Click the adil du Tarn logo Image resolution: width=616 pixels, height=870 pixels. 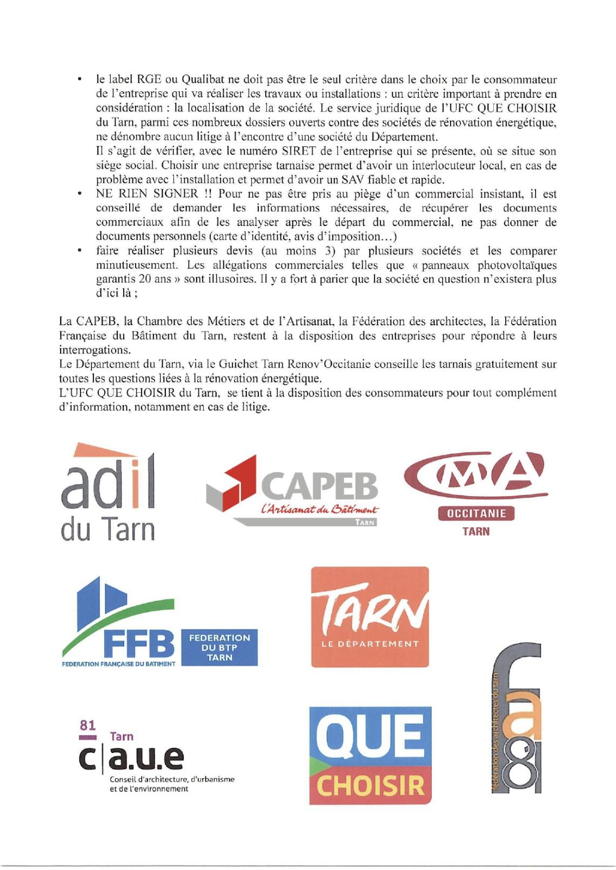(108, 492)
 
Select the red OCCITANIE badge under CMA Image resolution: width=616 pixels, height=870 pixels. (476, 513)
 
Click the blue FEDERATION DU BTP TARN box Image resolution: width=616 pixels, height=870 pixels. (219, 647)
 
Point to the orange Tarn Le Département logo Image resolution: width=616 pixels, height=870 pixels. (370, 617)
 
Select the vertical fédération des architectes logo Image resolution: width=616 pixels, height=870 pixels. (517, 718)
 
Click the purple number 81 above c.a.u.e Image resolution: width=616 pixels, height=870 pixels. (87, 725)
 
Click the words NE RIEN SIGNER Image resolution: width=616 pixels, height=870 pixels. (147, 193)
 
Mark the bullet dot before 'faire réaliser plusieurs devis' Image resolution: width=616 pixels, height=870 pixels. (80, 251)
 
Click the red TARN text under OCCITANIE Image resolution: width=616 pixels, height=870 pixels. (476, 531)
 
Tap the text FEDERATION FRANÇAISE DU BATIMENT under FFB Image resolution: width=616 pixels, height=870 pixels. (119, 664)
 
